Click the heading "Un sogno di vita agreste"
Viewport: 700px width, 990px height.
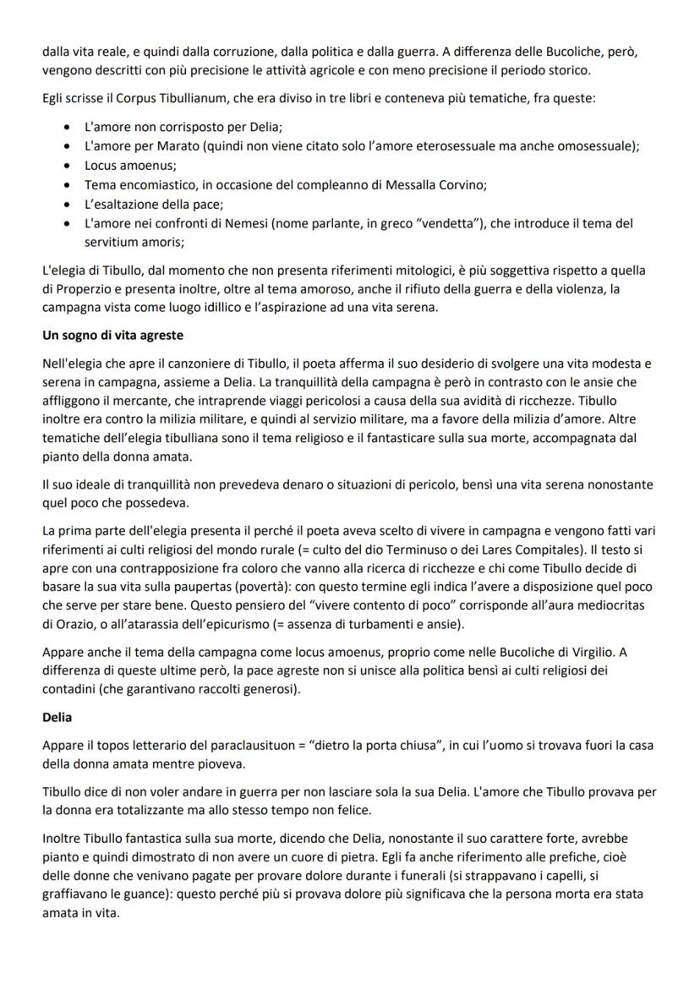(112, 336)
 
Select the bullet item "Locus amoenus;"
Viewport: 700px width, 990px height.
(124, 167)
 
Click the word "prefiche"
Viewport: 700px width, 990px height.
(591, 861)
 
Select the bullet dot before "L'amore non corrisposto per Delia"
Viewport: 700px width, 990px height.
(68, 129)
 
